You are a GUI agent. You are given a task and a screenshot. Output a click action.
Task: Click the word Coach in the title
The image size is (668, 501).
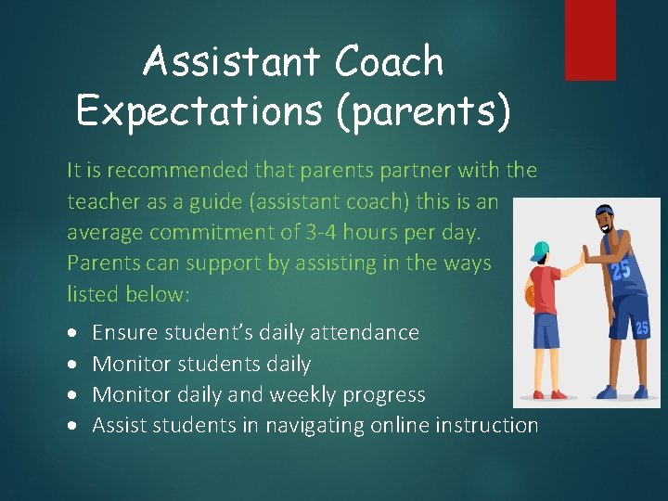point(390,62)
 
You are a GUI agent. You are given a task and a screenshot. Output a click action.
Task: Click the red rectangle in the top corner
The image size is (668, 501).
point(590,39)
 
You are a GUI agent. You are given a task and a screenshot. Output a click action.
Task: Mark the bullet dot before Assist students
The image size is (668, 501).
point(73,426)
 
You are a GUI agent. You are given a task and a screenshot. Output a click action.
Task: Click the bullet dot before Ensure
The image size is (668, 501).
point(73,333)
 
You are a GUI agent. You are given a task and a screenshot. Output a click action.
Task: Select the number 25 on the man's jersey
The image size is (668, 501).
point(619,272)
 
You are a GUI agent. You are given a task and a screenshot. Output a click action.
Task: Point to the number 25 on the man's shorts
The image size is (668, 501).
point(641,328)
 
